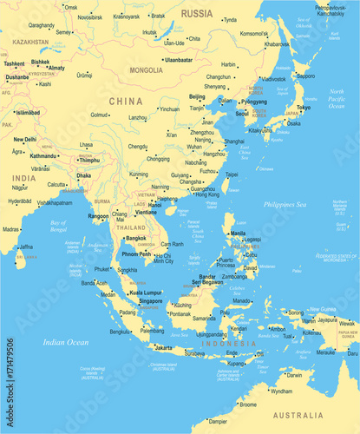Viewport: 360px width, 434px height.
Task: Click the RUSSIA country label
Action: [197, 13]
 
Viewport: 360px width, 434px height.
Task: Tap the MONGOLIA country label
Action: [146, 69]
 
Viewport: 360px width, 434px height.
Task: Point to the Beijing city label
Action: [197, 96]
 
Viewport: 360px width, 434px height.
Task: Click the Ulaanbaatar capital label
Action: [178, 59]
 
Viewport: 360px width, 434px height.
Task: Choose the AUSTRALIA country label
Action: [298, 416]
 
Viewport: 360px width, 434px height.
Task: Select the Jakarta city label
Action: [162, 347]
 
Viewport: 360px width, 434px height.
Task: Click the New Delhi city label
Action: [25, 139]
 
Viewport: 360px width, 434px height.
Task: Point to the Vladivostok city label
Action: [274, 79]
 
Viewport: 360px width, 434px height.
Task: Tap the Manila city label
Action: [238, 233]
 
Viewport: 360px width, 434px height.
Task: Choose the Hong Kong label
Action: [207, 194]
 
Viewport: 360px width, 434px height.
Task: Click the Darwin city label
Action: [296, 375]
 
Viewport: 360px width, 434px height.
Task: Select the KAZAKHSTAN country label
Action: [30, 42]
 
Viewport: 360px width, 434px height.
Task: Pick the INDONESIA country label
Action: [230, 345]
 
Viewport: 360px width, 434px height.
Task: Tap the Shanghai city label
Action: [234, 141]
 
